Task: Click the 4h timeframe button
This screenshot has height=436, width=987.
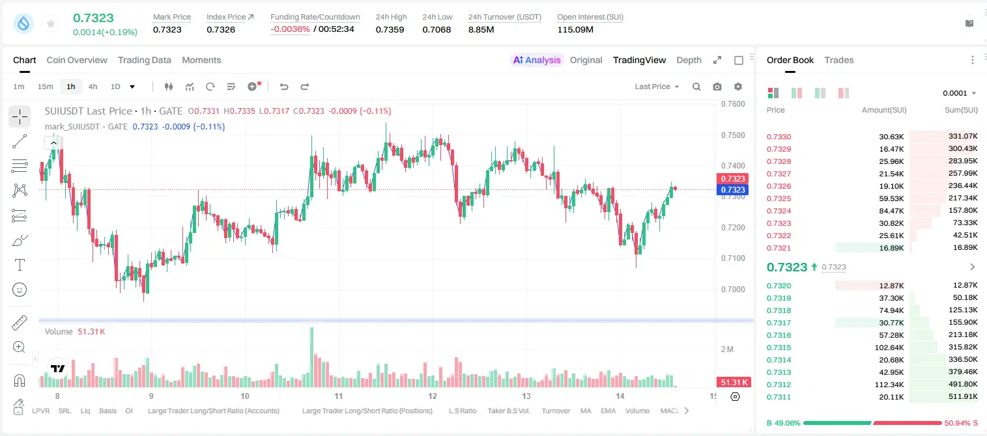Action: coord(93,87)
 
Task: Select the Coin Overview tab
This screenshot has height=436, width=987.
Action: coord(77,60)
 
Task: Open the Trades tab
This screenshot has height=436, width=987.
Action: coord(839,60)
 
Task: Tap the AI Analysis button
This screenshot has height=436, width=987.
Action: coord(537,60)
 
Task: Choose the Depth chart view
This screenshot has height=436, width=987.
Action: coord(689,60)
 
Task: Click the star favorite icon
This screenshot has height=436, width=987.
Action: coord(51,24)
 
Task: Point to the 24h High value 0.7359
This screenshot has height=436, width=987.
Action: coord(390,29)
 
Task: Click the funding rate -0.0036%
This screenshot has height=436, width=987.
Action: coord(290,29)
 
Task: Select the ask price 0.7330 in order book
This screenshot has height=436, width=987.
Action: coord(779,137)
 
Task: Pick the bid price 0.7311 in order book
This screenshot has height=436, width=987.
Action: coord(779,397)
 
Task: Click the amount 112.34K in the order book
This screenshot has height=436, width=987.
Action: coord(889,385)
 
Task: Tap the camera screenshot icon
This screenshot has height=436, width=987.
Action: coord(717,87)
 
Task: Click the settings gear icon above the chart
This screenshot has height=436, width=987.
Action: coord(738,87)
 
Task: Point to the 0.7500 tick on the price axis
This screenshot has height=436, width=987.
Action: coord(733,135)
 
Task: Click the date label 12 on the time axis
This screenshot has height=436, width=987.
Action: coord(432,396)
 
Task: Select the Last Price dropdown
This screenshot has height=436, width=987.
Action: coord(657,87)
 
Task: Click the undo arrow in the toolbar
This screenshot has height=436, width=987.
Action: coord(284,87)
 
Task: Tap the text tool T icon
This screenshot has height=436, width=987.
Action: coord(20,265)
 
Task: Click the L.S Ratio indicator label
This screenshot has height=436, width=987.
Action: coord(462,411)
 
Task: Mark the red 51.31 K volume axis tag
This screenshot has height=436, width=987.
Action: coord(734,383)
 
